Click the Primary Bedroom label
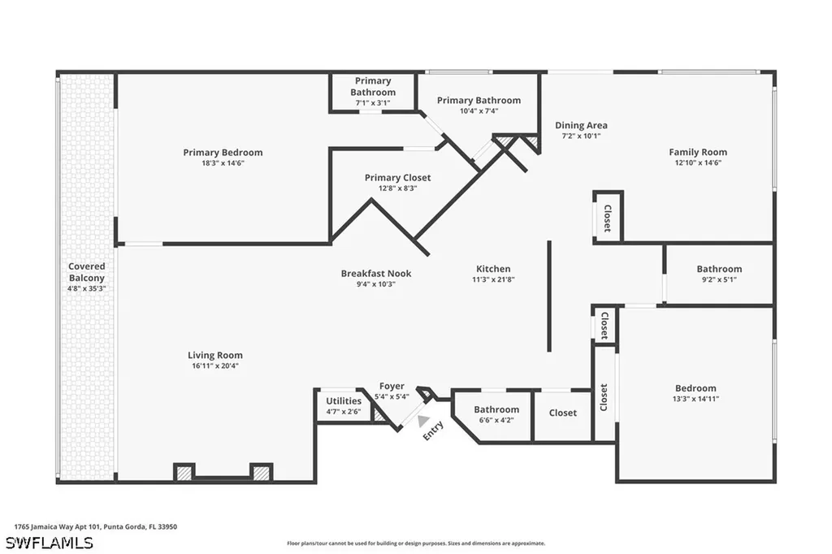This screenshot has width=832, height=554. coord(223,152)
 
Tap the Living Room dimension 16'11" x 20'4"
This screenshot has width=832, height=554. coord(215,366)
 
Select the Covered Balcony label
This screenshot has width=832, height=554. coord(86,271)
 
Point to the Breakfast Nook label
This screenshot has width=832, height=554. coord(376,273)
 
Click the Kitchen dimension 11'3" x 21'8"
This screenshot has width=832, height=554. coord(493,279)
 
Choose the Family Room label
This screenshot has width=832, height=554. coord(698,152)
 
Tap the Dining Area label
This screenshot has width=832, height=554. coord(581,125)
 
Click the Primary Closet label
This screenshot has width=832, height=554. coord(397,178)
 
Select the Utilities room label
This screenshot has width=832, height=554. coord(344,401)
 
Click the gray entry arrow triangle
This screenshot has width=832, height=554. coord(422,421)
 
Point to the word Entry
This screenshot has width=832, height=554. coord(433,431)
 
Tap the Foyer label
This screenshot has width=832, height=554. coord(392,387)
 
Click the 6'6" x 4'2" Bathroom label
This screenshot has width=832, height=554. coord(496,409)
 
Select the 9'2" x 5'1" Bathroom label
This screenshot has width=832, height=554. coord(720,269)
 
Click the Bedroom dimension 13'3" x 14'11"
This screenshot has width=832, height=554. coord(695,399)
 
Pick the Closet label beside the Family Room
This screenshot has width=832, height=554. coord(608,218)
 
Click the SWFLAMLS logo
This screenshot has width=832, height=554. coord(50,543)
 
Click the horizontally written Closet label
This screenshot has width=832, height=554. coord(562,413)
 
